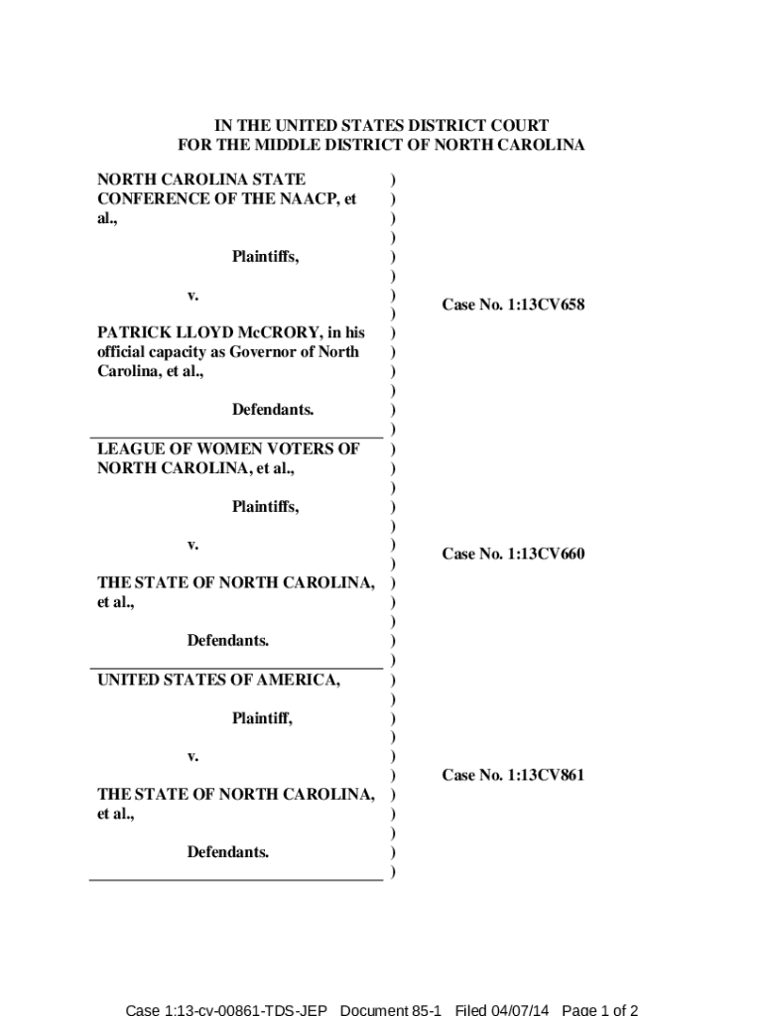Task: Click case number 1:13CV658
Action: click(513, 305)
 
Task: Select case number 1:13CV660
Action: click(513, 554)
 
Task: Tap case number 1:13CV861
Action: click(513, 775)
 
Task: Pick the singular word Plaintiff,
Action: click(263, 717)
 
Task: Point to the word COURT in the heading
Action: click(515, 126)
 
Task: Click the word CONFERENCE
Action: click(148, 198)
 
